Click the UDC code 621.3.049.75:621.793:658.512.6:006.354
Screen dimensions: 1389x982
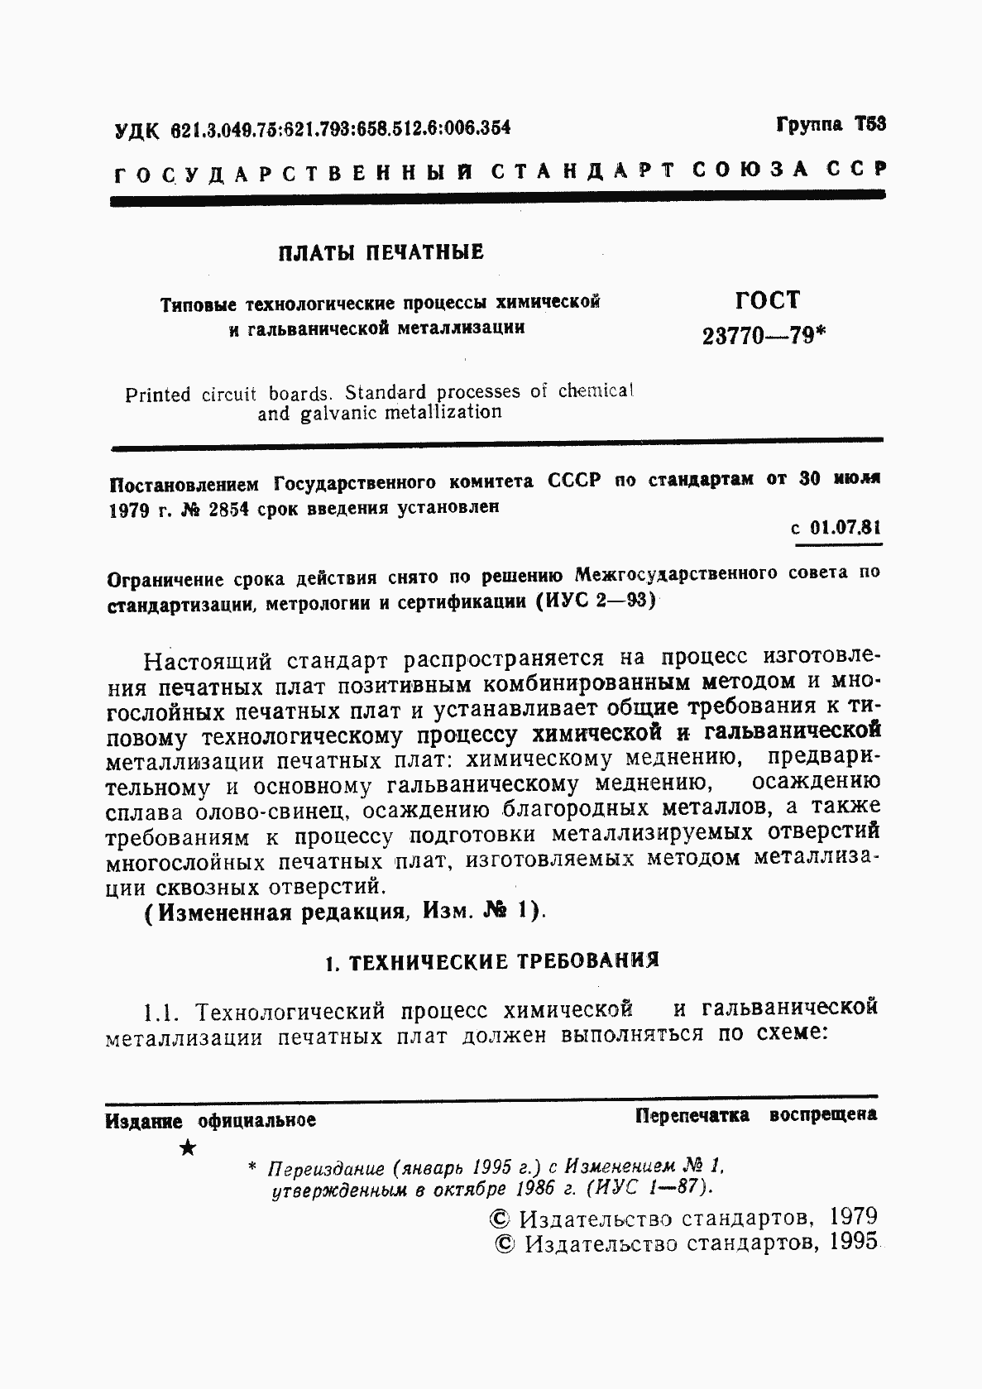tap(340, 128)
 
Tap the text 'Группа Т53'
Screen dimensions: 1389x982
tap(831, 125)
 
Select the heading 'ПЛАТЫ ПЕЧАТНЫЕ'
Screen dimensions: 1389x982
tap(381, 252)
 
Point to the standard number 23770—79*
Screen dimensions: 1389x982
tap(764, 336)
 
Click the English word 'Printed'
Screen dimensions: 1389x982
tap(158, 395)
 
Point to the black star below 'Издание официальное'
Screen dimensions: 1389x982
tap(189, 1148)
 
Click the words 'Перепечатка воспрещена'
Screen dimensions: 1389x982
tap(755, 1115)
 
